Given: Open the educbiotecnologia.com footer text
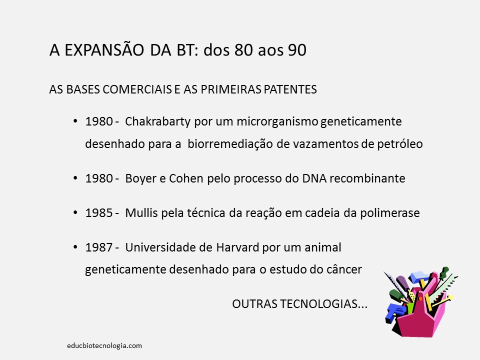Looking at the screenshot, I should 104,345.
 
